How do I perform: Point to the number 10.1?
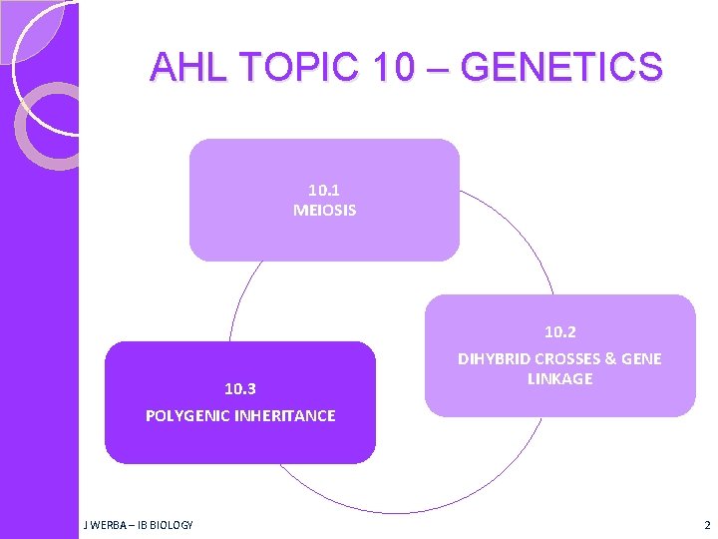(324, 189)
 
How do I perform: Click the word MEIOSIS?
(324, 211)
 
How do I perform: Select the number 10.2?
(559, 331)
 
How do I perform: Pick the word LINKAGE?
(559, 379)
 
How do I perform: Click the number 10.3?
(239, 388)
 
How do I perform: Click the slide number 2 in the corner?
(707, 525)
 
